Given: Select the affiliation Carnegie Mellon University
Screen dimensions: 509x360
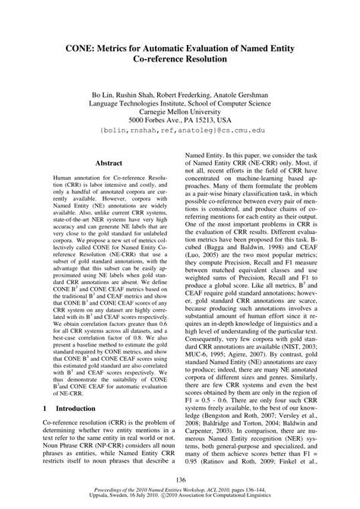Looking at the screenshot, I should (x=179, y=109).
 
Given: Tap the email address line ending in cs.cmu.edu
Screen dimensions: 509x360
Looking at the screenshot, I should (x=179, y=131).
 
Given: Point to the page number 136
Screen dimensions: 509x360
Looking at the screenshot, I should (x=180, y=479).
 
